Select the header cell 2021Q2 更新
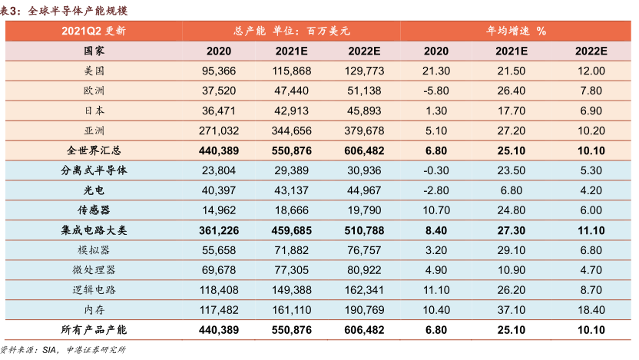pyautogui.click(x=94, y=31)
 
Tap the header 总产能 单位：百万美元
pyautogui.click(x=291, y=31)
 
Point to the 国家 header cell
pyautogui.click(x=94, y=51)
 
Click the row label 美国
pyautogui.click(x=94, y=71)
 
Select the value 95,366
pyautogui.click(x=219, y=71)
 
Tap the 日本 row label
pyautogui.click(x=94, y=111)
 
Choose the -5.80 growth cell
pyautogui.click(x=435, y=91)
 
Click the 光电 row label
pyautogui.click(x=94, y=190)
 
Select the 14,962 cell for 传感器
pyautogui.click(x=219, y=210)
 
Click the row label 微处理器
pyautogui.click(x=94, y=270)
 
